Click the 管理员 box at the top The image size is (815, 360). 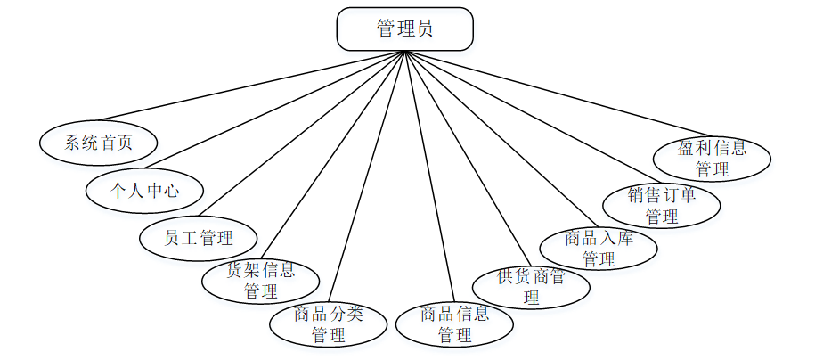tap(404, 29)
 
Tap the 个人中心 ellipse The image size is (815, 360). tap(144, 190)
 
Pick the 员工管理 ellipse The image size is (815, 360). tap(199, 238)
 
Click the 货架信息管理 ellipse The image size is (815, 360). tap(260, 281)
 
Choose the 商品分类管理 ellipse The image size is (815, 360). tap(329, 324)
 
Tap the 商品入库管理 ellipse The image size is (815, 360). tap(599, 249)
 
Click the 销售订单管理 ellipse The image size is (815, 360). tap(661, 206)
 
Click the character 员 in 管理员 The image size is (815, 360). tap(425, 29)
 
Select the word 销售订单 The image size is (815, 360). tap(661, 195)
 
